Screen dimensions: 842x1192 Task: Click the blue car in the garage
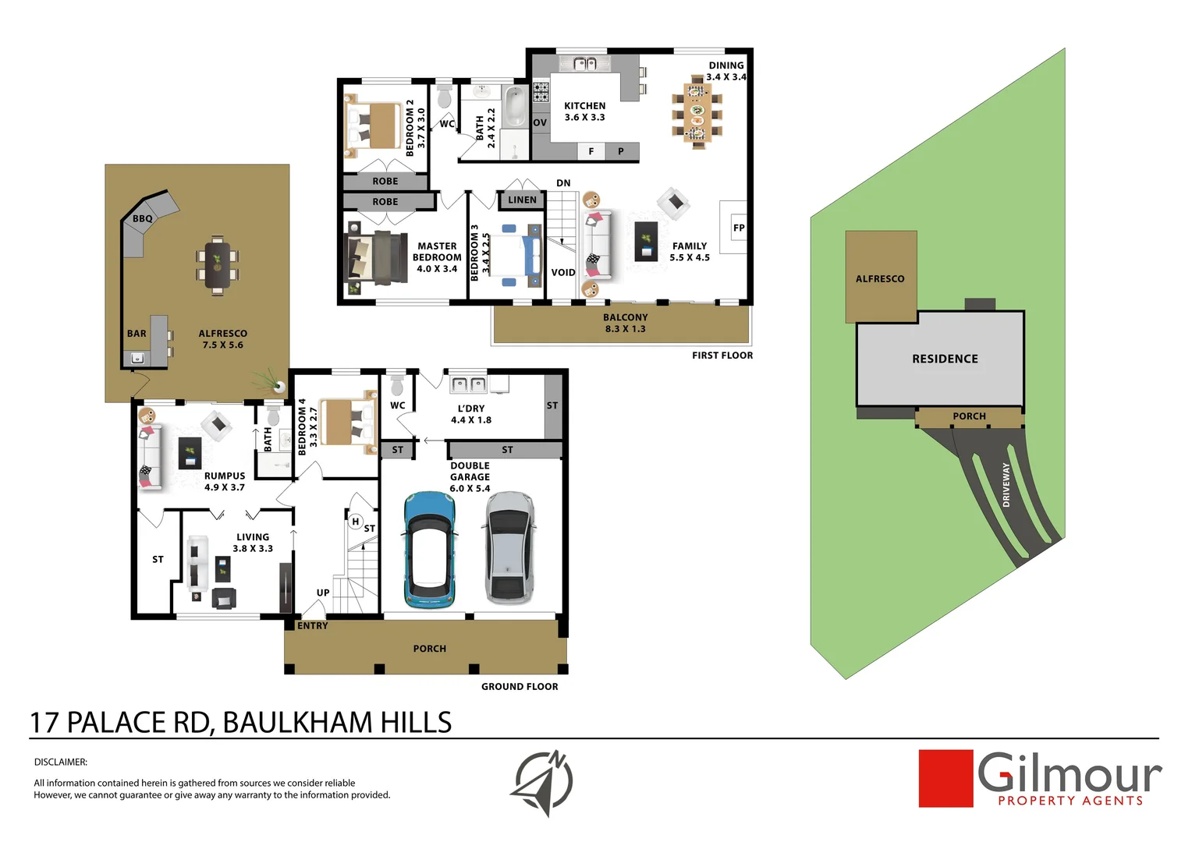(x=428, y=550)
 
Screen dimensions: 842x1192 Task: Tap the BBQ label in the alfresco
(x=142, y=219)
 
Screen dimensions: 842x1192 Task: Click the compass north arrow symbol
(x=545, y=782)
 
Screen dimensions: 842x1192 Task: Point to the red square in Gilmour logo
(x=945, y=778)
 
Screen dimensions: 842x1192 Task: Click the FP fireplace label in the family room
(x=738, y=228)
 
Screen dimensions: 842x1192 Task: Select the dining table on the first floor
(x=697, y=111)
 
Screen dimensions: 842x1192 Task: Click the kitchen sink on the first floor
(x=584, y=64)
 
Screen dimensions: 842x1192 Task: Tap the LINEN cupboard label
(x=522, y=200)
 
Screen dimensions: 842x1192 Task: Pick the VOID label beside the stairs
(x=562, y=273)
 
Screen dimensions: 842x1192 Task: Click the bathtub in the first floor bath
(x=514, y=107)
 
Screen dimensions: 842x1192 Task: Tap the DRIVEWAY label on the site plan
(x=1006, y=485)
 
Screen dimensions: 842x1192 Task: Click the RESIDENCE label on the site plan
(x=944, y=359)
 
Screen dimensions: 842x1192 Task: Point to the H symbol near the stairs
(x=355, y=522)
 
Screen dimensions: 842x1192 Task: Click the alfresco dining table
(x=218, y=262)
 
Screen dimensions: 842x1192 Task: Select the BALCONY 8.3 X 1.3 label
(x=625, y=323)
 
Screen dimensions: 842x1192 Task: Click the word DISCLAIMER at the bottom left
(x=60, y=762)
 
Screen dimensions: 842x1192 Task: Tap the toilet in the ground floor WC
(x=397, y=385)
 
